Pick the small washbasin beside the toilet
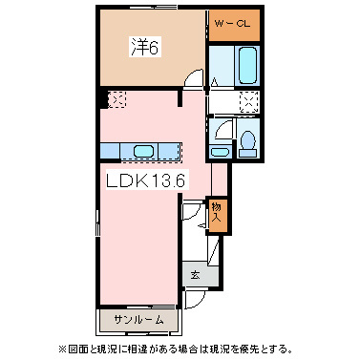[221, 152]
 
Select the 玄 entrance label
[194, 274]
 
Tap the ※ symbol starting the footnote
[64, 347]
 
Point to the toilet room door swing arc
[222, 128]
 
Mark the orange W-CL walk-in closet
[231, 26]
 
